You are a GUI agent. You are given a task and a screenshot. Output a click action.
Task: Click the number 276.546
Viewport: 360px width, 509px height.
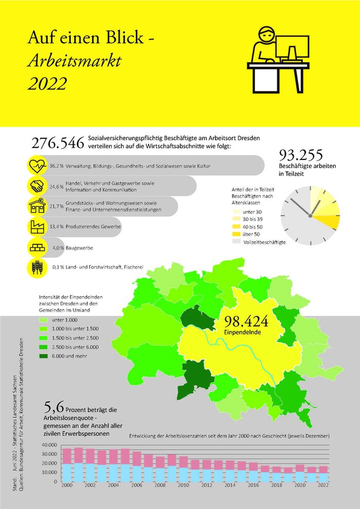(x=58, y=144)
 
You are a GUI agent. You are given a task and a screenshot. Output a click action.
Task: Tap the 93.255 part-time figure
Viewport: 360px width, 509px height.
(x=301, y=155)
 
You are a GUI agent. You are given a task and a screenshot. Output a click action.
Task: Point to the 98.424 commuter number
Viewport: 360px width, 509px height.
(x=246, y=321)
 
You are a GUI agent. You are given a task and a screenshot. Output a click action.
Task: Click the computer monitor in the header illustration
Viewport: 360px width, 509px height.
(x=292, y=47)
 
